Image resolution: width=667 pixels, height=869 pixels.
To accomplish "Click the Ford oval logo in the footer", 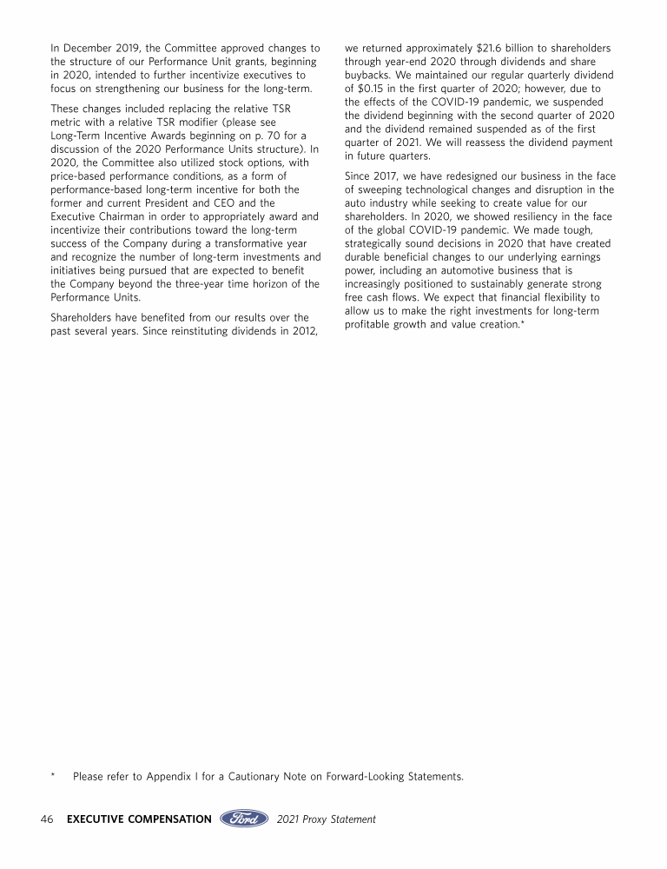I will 244,819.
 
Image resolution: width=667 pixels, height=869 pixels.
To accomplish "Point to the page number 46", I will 49,819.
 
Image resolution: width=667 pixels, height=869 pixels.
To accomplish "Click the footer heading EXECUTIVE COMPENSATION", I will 139,819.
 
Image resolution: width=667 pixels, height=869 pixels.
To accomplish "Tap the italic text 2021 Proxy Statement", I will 327,819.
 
